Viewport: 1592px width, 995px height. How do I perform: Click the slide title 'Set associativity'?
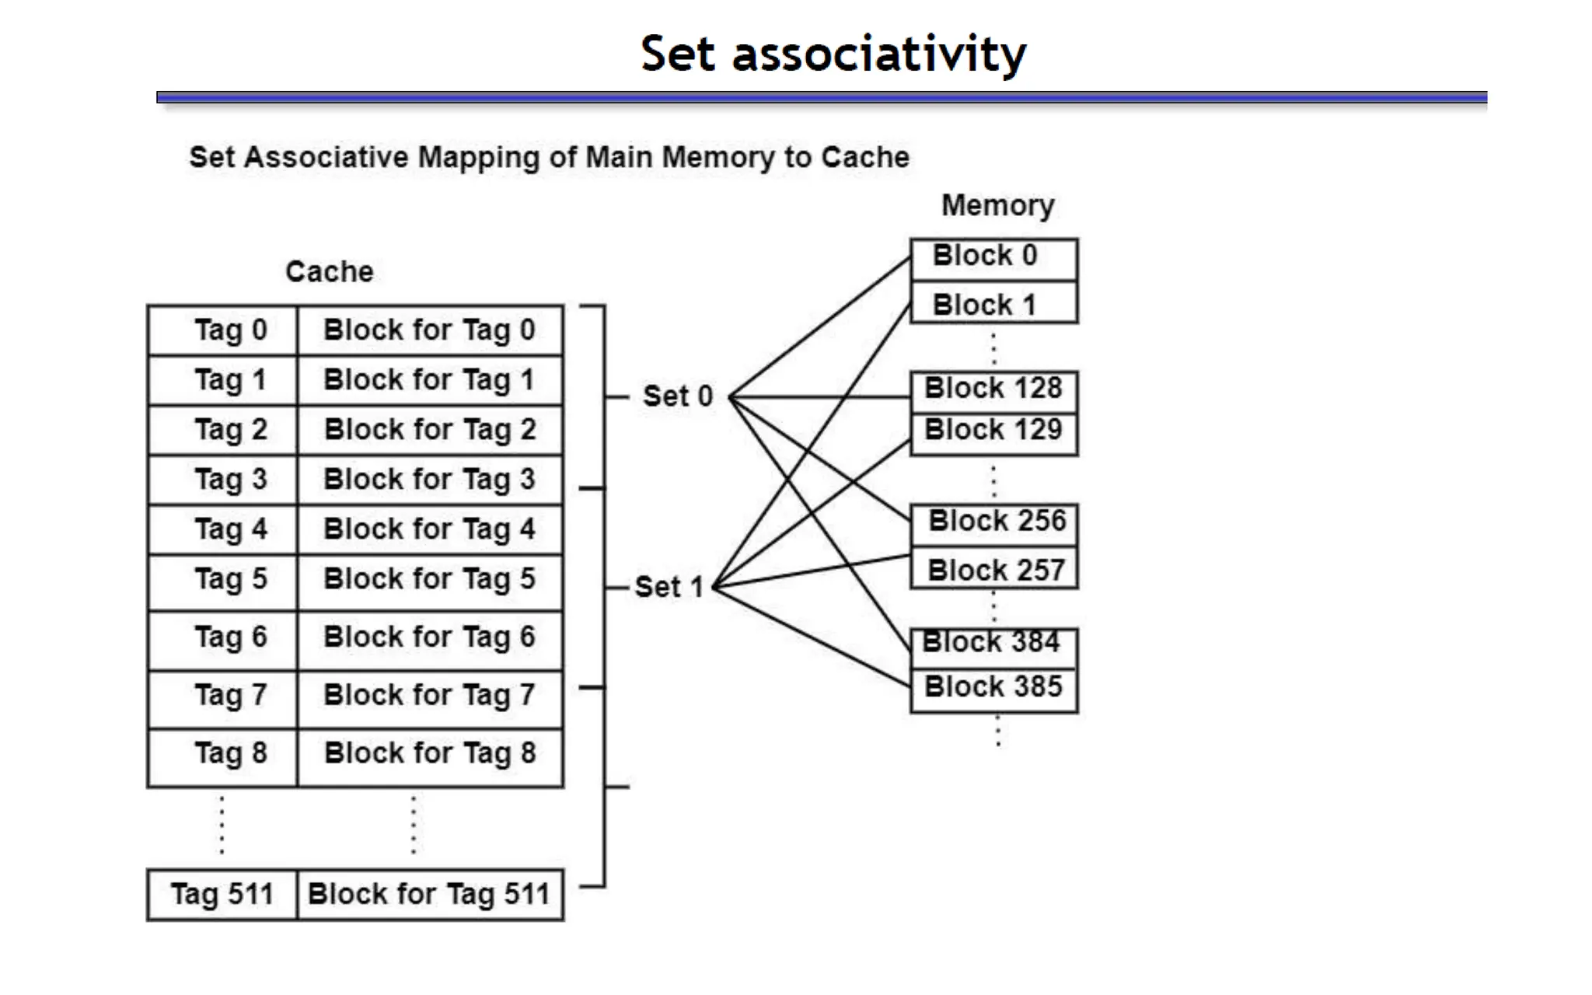pos(833,54)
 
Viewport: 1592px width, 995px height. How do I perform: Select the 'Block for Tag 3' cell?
pos(430,480)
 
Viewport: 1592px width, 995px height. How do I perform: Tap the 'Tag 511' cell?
pos(222,895)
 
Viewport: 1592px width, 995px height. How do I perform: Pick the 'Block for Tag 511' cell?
pos(430,895)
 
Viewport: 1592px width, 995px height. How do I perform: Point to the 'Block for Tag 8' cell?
pos(430,753)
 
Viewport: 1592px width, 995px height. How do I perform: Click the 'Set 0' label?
pos(677,396)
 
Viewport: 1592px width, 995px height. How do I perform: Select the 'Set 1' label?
pos(669,587)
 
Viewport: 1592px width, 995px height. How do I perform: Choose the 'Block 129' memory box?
pos(993,431)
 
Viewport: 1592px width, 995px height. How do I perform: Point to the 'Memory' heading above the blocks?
pos(997,206)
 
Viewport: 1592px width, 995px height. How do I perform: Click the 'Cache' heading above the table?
pos(329,272)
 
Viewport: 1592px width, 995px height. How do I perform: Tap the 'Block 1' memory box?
pos(993,304)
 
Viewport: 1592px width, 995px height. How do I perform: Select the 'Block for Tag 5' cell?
pos(430,580)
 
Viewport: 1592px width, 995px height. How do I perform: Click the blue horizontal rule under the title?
pos(821,98)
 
